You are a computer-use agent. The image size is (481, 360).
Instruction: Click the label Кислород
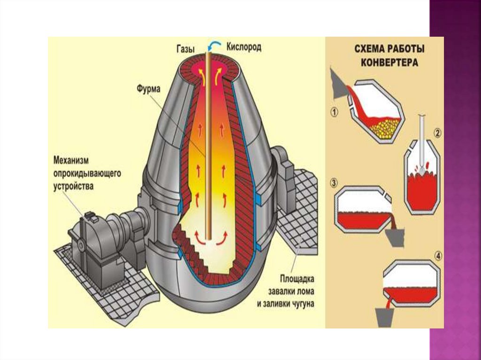(243, 47)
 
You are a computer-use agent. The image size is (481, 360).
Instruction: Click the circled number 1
(334, 113)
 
